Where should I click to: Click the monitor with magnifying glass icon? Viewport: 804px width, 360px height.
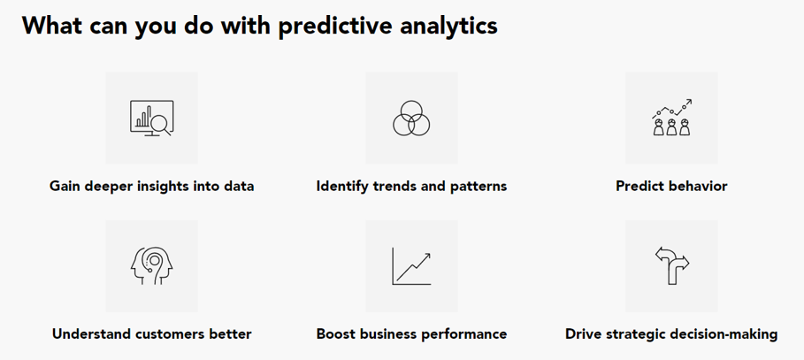point(152,118)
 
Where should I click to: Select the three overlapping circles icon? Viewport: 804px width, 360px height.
point(411,118)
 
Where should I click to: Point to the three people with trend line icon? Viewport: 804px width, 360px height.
point(671,118)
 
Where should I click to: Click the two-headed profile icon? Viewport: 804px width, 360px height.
point(152,265)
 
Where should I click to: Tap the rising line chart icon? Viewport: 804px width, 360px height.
point(412,266)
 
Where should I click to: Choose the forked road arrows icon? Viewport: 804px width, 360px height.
point(671,265)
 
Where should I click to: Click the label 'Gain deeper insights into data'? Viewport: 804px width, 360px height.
point(152,186)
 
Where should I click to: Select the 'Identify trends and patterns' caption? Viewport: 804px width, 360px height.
point(412,186)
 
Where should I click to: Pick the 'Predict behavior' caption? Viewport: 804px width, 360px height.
point(671,186)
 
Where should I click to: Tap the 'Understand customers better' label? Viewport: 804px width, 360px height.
point(152,334)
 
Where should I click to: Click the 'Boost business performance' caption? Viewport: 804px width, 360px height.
point(412,334)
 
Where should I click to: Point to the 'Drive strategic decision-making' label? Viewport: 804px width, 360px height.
point(671,334)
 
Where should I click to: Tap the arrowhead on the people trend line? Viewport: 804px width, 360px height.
point(689,102)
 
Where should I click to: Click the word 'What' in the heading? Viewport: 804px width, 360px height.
point(50,25)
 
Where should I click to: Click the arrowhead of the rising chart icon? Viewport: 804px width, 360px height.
point(426,256)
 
